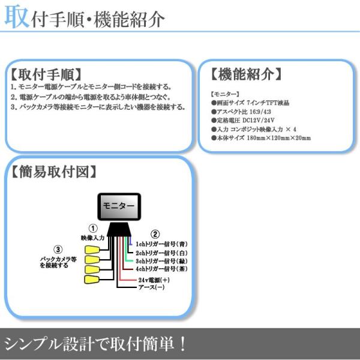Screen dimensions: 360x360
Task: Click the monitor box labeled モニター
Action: [119, 205]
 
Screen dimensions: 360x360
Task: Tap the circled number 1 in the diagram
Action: [92, 229]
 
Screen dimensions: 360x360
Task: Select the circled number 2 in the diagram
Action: [154, 234]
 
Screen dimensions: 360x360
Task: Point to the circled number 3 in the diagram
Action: [58, 250]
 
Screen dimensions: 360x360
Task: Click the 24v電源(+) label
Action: [154, 280]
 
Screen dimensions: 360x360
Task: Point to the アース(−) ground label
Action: [151, 288]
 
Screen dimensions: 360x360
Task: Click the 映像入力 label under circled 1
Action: [92, 238]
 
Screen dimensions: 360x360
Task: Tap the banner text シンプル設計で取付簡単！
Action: [96, 344]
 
